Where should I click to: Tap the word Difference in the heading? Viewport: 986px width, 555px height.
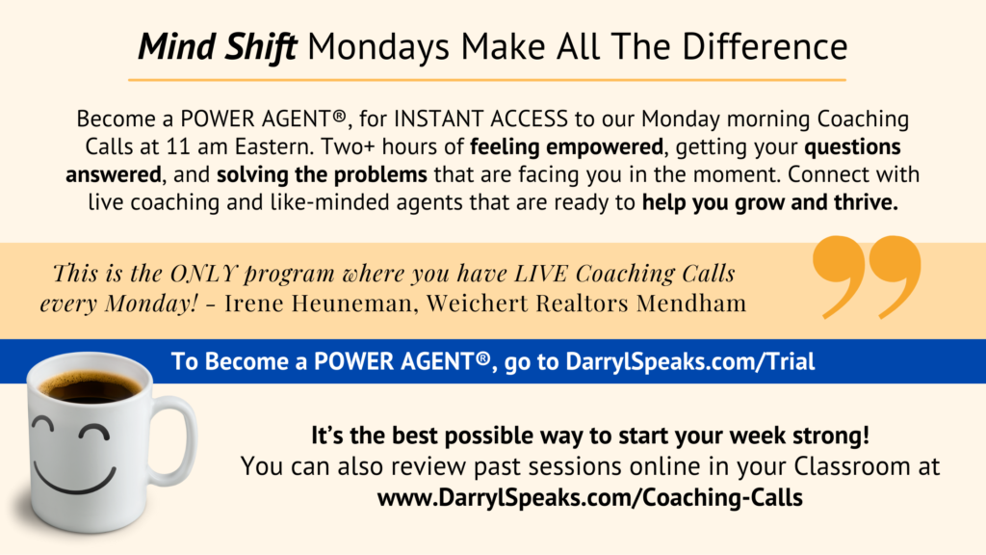[765, 46]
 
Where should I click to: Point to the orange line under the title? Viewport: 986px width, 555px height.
[487, 80]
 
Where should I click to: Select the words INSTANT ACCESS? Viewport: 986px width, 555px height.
[481, 119]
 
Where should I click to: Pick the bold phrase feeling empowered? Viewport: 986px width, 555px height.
[566, 147]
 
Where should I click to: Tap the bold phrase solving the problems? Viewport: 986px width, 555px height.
[322, 174]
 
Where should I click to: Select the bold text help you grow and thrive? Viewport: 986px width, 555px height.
[770, 203]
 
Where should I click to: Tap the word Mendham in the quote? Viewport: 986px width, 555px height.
[691, 303]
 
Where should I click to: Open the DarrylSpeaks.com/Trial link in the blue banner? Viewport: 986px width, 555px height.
[689, 362]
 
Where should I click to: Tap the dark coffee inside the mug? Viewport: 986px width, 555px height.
[91, 386]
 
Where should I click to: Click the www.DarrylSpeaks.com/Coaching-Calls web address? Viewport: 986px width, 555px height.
[590, 498]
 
